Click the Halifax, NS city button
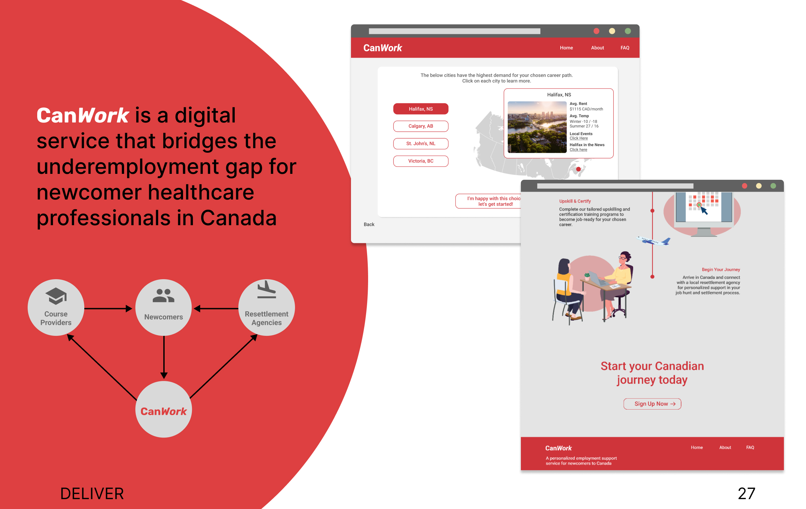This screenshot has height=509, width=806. point(421,109)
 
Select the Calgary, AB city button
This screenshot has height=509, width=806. point(421,126)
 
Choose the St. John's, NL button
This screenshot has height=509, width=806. point(421,144)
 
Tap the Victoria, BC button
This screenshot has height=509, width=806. point(421,161)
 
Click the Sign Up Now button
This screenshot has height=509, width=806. point(652,404)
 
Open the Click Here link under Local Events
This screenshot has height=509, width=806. point(579,138)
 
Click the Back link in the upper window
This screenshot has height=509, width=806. point(369,224)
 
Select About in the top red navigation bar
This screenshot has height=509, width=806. point(598,48)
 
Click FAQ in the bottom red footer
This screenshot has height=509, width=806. point(750,447)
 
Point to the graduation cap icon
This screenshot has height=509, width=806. point(56,296)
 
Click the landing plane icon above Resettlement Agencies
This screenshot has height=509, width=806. point(266,289)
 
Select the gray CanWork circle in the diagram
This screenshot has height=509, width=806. point(164,409)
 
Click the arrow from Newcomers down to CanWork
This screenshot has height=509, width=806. point(164,358)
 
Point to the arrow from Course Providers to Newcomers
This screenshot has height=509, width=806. point(108,308)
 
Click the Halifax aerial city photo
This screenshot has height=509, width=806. point(537,127)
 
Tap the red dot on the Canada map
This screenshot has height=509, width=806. point(578,169)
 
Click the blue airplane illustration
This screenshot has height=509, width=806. point(653,241)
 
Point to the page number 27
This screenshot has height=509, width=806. point(746,494)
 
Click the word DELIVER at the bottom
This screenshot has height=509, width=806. point(92,494)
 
